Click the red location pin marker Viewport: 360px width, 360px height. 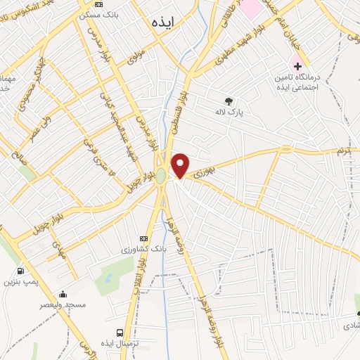tap(181, 166)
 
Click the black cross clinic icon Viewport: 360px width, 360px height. tap(298, 65)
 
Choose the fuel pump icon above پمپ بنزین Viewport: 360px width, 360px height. tap(20, 271)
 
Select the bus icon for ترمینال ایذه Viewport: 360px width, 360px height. tap(119, 333)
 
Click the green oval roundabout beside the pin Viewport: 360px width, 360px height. tap(161, 174)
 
